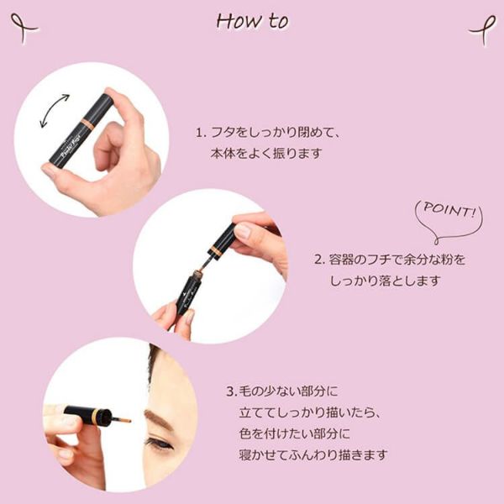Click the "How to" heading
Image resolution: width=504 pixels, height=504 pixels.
[253, 22]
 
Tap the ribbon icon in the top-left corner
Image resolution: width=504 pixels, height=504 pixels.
[24, 28]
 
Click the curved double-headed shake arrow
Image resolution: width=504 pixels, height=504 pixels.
[54, 111]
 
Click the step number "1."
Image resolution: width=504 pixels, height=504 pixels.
[201, 133]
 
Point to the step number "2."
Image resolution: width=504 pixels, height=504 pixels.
[319, 260]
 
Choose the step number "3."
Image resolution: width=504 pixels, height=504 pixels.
[232, 391]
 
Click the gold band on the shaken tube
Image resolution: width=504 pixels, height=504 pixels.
[87, 124]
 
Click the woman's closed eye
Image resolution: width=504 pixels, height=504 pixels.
[160, 444]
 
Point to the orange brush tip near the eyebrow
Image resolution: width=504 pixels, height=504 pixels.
[123, 419]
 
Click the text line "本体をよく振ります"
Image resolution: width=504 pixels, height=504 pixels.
[266, 154]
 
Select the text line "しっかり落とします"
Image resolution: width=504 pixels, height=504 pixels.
[385, 281]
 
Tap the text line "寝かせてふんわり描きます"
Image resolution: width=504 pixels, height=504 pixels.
[313, 454]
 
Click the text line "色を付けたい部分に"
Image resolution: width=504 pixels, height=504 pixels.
[295, 434]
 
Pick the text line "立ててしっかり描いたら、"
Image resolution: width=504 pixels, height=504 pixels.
[311, 412]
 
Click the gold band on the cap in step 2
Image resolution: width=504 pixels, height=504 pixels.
[215, 250]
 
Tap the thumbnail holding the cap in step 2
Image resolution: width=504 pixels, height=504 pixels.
[243, 230]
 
